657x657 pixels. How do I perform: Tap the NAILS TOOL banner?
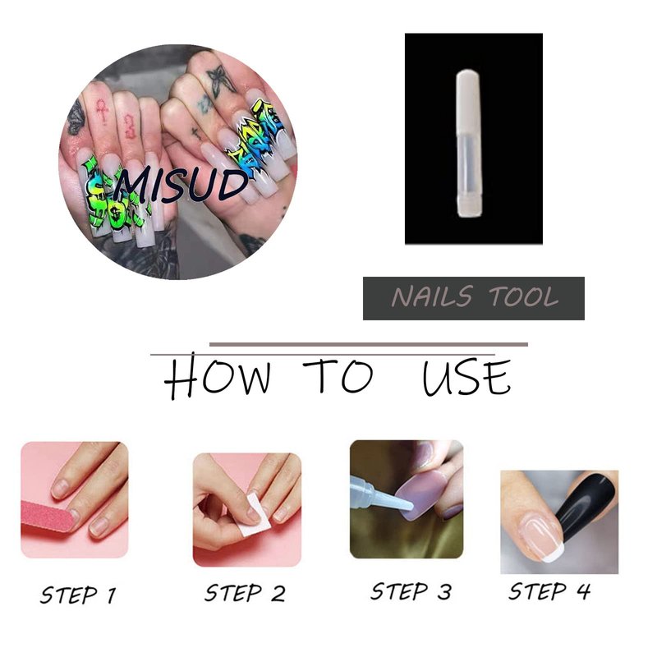coord(474,298)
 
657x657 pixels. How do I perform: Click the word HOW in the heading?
coord(217,376)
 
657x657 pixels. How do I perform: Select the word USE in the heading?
coord(466,377)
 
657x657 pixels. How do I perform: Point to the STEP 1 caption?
coord(78,595)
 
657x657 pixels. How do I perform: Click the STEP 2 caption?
coord(245,593)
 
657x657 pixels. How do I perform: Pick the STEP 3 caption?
coord(411,591)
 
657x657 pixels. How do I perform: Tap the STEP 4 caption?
coord(549,591)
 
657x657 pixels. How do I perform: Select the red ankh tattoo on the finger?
coord(101,110)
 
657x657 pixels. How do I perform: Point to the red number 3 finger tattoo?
coord(131,126)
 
